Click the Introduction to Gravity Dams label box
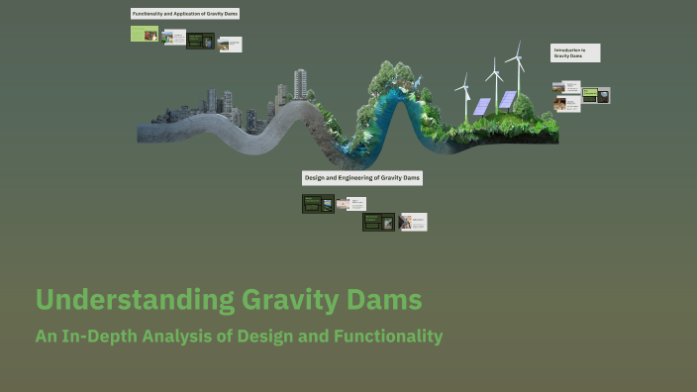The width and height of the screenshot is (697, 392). (575, 52)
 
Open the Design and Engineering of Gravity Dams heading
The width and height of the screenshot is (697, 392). (362, 178)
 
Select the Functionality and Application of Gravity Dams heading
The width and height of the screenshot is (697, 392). (185, 14)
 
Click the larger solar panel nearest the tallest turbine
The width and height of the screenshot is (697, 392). (508, 99)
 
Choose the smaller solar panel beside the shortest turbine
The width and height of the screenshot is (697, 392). (481, 106)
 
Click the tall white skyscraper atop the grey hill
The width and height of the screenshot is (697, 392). (300, 83)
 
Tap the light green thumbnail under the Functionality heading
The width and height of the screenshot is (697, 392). (145, 34)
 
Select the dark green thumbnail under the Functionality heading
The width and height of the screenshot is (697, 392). (201, 41)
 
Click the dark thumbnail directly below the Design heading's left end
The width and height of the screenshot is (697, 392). (318, 204)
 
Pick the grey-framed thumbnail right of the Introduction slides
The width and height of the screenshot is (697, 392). (596, 95)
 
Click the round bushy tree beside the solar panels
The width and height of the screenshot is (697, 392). (524, 105)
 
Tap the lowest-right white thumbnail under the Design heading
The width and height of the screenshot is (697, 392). (413, 222)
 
